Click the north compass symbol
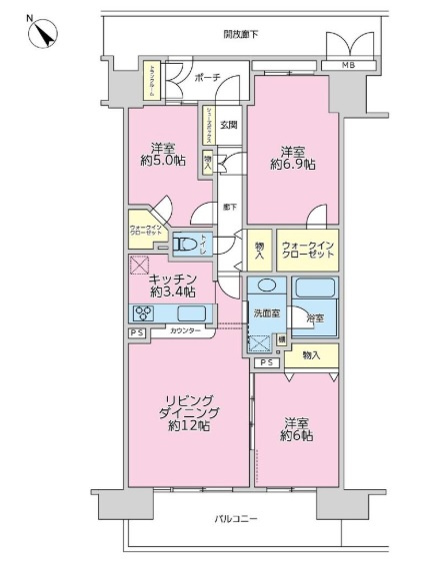click(x=41, y=32)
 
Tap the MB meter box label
click(x=348, y=67)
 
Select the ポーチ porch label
click(x=207, y=77)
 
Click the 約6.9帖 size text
click(x=297, y=165)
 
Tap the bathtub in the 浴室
click(x=315, y=294)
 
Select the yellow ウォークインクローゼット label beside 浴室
click(x=308, y=250)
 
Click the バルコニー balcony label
click(x=236, y=519)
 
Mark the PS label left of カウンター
click(x=137, y=332)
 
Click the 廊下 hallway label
click(x=230, y=207)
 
